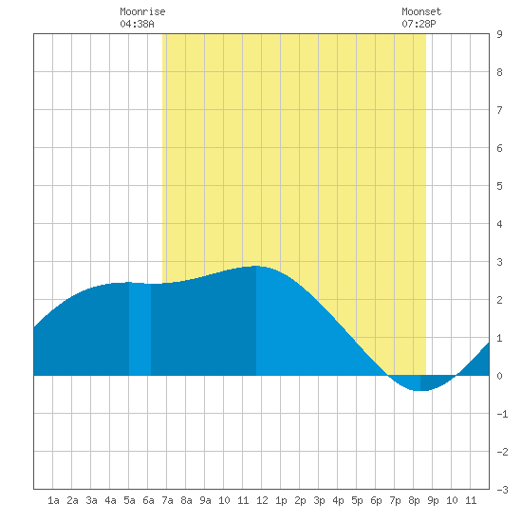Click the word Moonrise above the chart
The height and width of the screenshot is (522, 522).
[142, 11]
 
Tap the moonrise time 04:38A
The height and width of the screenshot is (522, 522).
[137, 24]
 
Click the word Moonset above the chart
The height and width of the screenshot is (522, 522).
[421, 11]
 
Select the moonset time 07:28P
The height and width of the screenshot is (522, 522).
[419, 24]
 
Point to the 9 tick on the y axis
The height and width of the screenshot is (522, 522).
[499, 34]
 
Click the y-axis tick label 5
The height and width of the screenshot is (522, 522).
[499, 186]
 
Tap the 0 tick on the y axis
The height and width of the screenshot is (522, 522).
[499, 376]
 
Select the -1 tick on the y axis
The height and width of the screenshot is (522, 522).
[502, 414]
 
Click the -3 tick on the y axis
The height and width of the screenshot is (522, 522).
[502, 490]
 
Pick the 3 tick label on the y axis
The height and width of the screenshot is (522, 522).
[499, 262]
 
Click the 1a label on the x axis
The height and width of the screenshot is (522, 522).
[53, 500]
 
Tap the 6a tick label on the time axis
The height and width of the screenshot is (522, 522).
[148, 500]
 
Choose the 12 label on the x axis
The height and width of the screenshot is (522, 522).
[262, 500]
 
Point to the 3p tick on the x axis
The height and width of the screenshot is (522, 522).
[319, 500]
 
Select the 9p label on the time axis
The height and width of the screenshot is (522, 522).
[433, 500]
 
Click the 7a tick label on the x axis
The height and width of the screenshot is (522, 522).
[167, 500]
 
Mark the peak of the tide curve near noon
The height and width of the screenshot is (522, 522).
[256, 266]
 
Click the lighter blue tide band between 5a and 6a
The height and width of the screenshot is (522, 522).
[140, 329]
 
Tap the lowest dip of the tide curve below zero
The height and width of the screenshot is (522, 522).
[420, 390]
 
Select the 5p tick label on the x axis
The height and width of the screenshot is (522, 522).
[357, 500]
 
